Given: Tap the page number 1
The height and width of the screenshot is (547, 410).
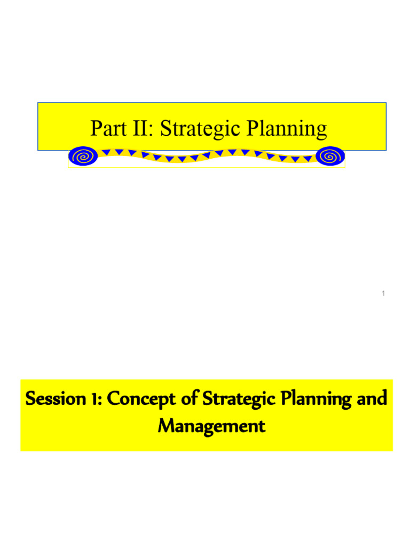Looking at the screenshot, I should (x=383, y=293).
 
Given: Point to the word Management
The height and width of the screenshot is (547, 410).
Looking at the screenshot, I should (x=211, y=426).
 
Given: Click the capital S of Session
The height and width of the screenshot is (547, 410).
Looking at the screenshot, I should (x=30, y=399).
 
